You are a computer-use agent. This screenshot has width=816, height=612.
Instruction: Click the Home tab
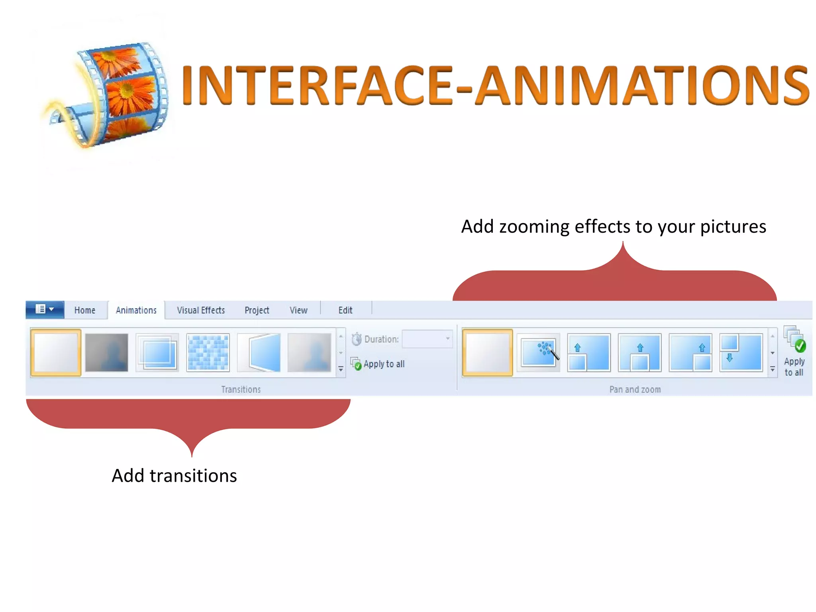point(84,310)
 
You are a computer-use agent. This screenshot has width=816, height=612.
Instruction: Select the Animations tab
point(136,310)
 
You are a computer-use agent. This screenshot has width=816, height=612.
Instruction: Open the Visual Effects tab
point(201,310)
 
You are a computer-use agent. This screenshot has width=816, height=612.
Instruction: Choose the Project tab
point(257,310)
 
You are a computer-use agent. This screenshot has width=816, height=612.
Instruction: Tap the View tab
point(298,310)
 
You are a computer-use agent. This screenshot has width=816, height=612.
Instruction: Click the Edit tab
point(345,310)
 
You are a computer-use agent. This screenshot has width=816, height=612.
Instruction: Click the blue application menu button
point(45,310)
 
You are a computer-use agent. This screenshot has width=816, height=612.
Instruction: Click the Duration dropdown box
point(427,339)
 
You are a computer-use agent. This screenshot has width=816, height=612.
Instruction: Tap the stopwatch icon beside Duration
point(356,339)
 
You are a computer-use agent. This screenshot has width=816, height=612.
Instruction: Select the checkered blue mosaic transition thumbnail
point(208,353)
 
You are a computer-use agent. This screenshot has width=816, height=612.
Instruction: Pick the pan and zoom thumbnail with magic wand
point(538,353)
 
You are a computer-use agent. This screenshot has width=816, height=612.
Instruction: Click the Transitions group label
point(241,389)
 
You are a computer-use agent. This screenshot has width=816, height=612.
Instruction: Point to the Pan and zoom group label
point(635,389)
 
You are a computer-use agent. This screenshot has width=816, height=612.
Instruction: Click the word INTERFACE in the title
point(317,86)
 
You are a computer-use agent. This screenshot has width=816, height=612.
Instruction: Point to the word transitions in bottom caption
point(193,476)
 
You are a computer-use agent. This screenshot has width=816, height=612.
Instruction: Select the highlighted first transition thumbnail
point(56,353)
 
